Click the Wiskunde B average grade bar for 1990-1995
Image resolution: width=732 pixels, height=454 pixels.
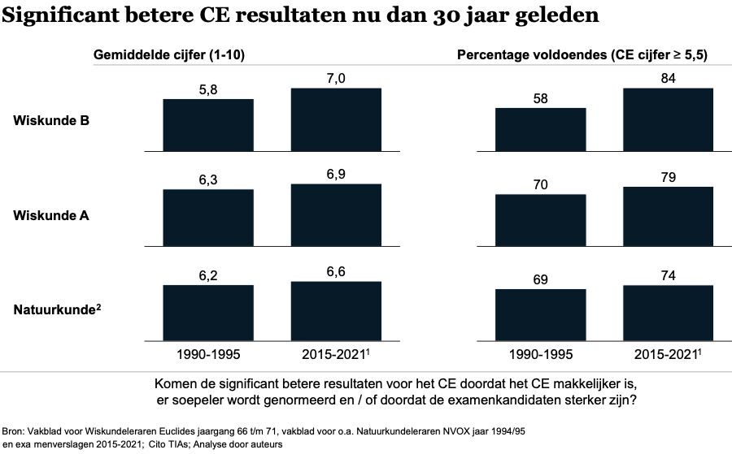click(x=208, y=125)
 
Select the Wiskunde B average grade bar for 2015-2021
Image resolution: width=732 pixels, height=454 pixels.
click(x=336, y=119)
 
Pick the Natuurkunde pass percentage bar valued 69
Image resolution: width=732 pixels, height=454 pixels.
click(x=540, y=316)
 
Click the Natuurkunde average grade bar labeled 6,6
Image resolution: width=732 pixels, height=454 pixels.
click(x=336, y=312)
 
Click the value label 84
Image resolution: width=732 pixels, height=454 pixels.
click(x=668, y=77)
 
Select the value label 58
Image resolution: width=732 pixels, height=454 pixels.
click(x=540, y=97)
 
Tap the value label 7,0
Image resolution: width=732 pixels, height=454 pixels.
click(x=336, y=77)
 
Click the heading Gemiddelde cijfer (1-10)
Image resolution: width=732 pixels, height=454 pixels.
click(x=170, y=55)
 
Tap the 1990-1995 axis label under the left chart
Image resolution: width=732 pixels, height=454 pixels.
click(x=208, y=354)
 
